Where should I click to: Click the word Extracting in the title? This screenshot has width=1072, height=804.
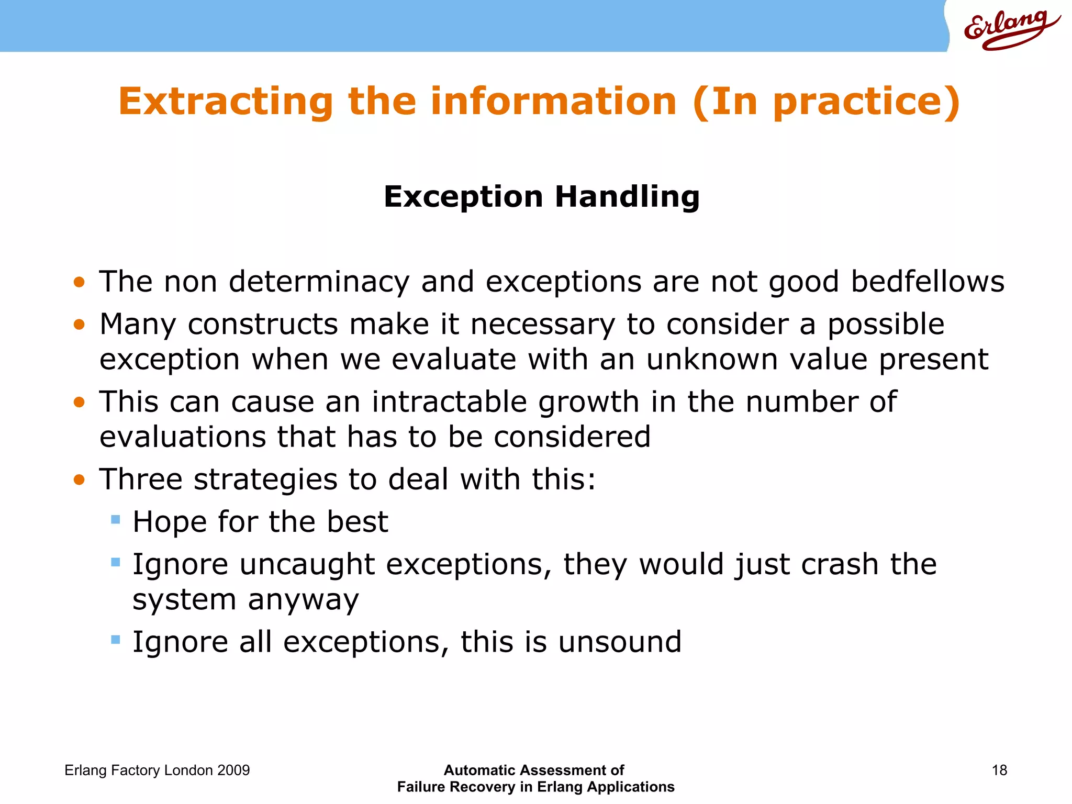pos(226,101)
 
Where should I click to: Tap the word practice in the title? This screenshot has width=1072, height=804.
pos(858,101)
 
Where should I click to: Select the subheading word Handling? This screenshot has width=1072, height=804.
pos(627,197)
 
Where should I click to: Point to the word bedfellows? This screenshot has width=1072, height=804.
pos(927,282)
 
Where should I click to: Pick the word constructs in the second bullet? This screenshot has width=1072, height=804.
pos(263,324)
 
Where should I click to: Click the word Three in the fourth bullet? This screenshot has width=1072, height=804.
pos(141,479)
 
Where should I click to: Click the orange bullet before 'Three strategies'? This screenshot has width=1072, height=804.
pos(79,479)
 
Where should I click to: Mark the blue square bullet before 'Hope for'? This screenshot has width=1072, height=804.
pos(116,520)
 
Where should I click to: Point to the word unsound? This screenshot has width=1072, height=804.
pos(620,642)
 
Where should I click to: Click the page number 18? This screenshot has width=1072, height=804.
pos(999,770)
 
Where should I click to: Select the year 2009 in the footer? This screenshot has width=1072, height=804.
pos(233,770)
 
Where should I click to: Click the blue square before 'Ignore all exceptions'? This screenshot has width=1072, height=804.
pos(116,640)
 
